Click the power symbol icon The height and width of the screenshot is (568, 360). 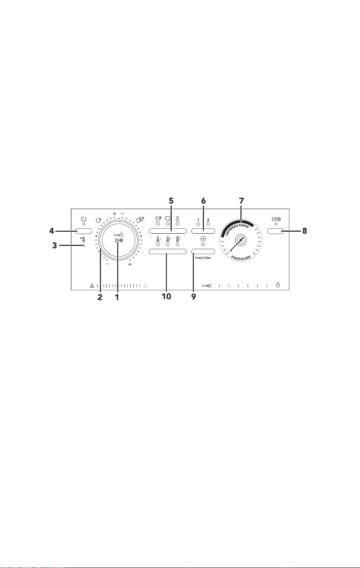tap(84, 219)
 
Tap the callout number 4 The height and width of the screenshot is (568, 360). tap(51, 231)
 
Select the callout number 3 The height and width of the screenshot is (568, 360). tap(55, 245)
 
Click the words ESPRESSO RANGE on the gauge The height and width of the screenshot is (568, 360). tap(237, 229)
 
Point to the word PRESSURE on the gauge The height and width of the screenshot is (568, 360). tap(241, 257)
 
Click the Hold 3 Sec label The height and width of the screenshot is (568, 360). tap(203, 258)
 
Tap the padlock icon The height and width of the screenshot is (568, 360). tap(278, 285)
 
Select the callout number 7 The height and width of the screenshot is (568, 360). tap(241, 201)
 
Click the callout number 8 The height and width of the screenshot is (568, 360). tap(304, 231)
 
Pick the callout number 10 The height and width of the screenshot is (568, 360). tap(166, 296)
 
